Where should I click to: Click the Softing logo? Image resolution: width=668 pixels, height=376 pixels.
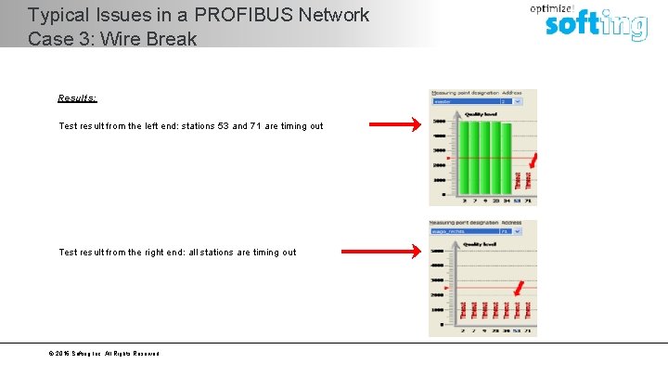point(596,24)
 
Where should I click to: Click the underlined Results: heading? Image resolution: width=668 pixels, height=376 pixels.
point(77,98)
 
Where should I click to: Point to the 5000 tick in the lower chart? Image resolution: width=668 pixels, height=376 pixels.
point(438,252)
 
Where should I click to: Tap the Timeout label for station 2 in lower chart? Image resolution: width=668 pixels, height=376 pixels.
point(463,308)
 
